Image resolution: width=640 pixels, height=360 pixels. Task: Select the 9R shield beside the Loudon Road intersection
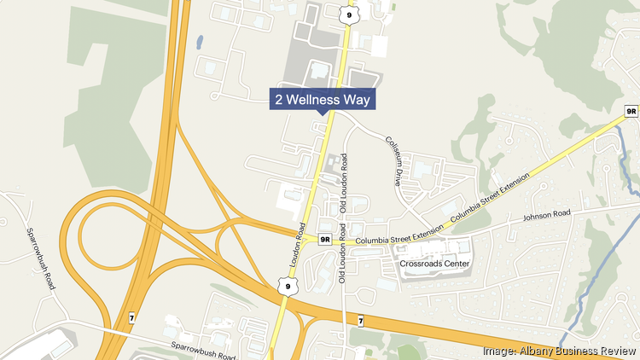pyautogui.click(x=324, y=240)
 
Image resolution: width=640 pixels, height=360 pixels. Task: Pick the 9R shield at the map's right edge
pyautogui.click(x=631, y=111)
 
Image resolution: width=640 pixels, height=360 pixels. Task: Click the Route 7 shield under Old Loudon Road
pyautogui.click(x=361, y=320)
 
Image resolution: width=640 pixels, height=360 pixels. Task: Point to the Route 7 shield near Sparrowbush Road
pyautogui.click(x=131, y=317)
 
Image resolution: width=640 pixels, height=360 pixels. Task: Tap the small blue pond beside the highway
pyautogui.click(x=199, y=40)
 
